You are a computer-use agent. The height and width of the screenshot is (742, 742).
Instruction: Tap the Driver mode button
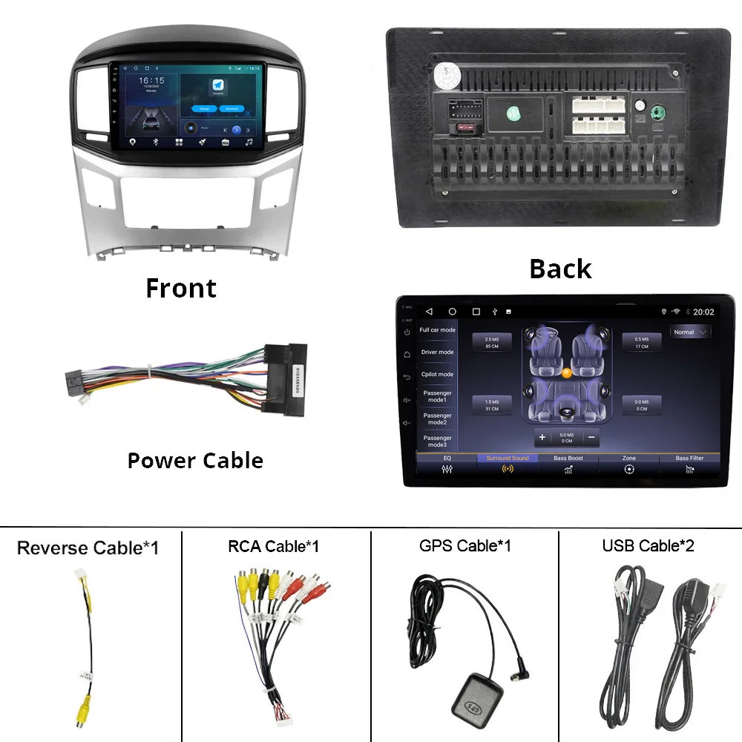(x=437, y=352)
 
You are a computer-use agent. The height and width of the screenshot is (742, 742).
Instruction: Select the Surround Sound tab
(x=508, y=464)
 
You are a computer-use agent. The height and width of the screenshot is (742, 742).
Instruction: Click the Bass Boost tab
(x=568, y=464)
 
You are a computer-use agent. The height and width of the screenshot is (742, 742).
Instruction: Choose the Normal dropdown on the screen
(x=690, y=332)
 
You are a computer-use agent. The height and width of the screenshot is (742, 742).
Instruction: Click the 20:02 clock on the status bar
(x=703, y=312)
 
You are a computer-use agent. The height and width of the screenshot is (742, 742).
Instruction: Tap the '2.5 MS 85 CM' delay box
(x=492, y=343)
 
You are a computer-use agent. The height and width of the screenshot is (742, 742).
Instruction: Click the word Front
(x=181, y=288)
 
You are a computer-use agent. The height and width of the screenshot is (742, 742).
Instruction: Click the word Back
(x=560, y=269)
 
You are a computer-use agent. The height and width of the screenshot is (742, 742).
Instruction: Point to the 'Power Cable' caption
(x=195, y=461)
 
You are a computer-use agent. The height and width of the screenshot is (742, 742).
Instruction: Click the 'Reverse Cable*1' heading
(x=88, y=548)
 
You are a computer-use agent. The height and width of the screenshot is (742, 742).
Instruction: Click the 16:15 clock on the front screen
(x=151, y=80)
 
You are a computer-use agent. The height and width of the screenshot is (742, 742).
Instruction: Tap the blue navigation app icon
(x=218, y=85)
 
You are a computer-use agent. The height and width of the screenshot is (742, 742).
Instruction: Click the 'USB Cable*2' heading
(x=649, y=546)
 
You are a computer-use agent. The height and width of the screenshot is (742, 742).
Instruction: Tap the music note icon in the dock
(x=249, y=142)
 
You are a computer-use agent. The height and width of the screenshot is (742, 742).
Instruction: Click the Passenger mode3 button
(x=437, y=441)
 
